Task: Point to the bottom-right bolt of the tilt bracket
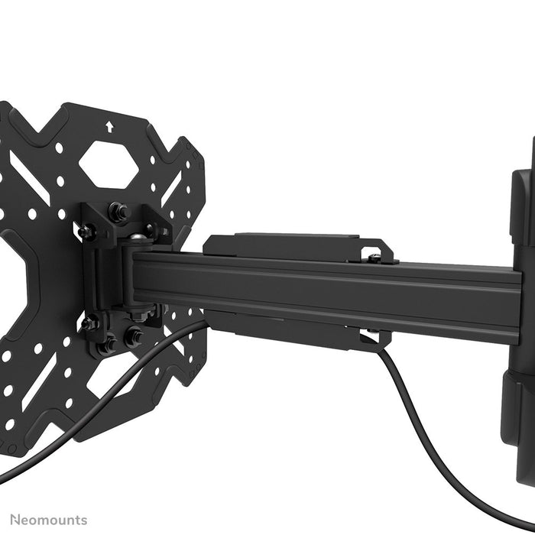pos(135,335)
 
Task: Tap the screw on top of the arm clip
pos(374,258)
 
